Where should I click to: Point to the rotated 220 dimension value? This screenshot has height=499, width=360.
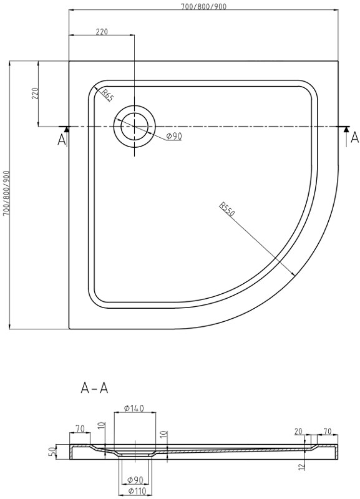(x=36, y=94)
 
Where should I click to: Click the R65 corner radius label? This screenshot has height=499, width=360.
(x=107, y=95)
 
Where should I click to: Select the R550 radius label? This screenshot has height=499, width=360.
(x=226, y=210)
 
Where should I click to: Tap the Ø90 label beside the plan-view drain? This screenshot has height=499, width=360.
(x=173, y=137)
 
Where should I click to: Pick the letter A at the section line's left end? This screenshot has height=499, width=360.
(x=61, y=139)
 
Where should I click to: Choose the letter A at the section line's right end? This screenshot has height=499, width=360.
(x=354, y=137)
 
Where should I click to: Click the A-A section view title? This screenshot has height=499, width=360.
(x=95, y=388)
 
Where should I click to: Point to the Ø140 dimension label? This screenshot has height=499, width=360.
(x=134, y=409)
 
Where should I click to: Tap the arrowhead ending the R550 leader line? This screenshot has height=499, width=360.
(x=294, y=275)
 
